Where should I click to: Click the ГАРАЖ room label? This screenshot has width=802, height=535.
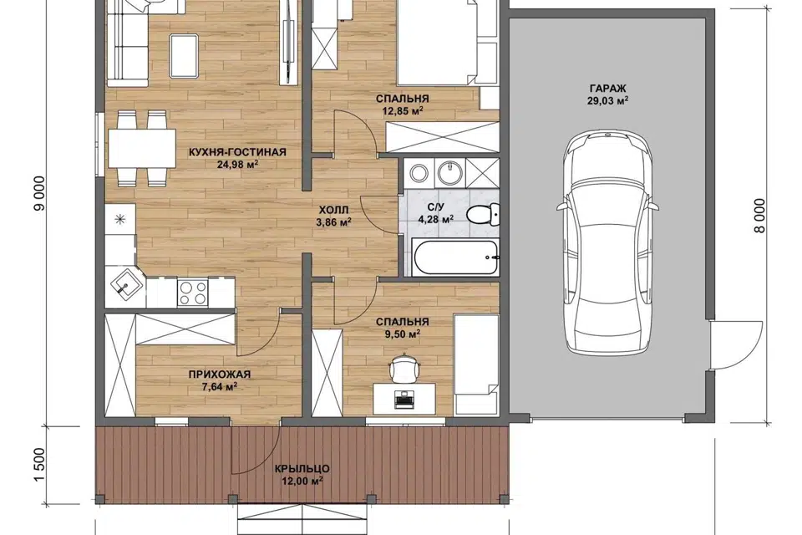pyautogui.click(x=607, y=89)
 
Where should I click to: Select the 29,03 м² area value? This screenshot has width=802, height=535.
pyautogui.click(x=607, y=101)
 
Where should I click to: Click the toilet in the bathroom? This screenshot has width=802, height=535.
pyautogui.click(x=483, y=214)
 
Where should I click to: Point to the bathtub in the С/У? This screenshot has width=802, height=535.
pyautogui.click(x=456, y=257)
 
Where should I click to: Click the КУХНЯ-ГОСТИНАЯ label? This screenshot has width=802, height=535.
pyautogui.click(x=237, y=152)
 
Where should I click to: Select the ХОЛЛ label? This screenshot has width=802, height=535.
pyautogui.click(x=333, y=210)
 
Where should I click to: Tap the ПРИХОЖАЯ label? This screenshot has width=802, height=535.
pyautogui.click(x=220, y=374)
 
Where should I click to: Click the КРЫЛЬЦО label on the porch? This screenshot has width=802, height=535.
pyautogui.click(x=302, y=469)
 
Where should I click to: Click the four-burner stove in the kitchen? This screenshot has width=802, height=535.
pyautogui.click(x=192, y=293)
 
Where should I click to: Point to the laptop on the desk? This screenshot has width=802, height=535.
pyautogui.click(x=404, y=398)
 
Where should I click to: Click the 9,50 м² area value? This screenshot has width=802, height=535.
pyautogui.click(x=402, y=334)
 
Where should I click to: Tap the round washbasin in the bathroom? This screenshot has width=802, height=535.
pyautogui.click(x=450, y=172)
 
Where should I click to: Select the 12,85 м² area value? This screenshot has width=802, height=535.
pyautogui.click(x=403, y=110)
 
